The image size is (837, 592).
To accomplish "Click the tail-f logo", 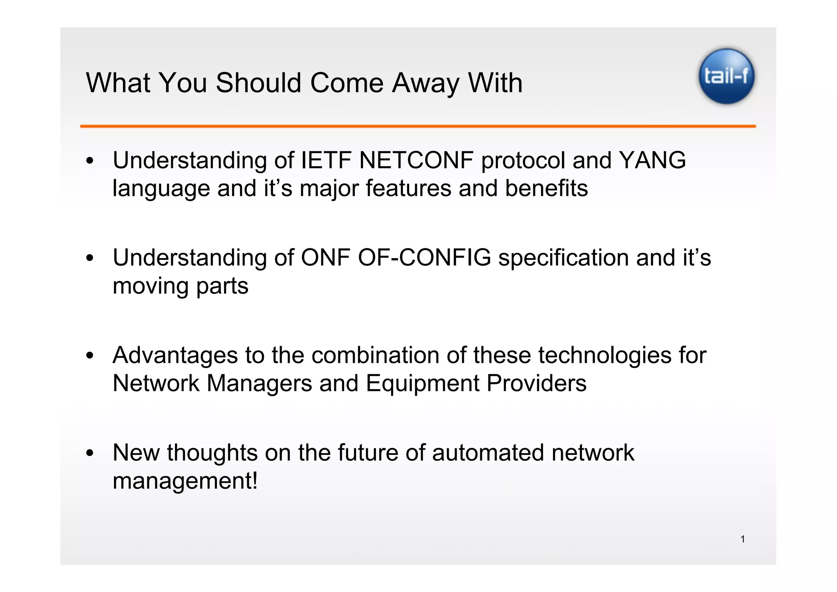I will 726,76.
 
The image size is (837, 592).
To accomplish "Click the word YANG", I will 652,160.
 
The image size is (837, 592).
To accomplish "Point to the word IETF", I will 326,160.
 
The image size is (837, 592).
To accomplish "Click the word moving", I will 150,286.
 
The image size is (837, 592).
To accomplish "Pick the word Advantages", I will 175,356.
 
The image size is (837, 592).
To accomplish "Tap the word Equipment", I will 422,384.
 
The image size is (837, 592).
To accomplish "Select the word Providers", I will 536,384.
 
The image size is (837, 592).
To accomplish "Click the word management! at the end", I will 185,481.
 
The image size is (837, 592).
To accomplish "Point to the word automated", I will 488,453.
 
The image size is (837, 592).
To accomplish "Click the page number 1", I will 743,539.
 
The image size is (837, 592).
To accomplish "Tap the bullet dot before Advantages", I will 90,356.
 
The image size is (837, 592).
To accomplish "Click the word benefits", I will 546,188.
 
